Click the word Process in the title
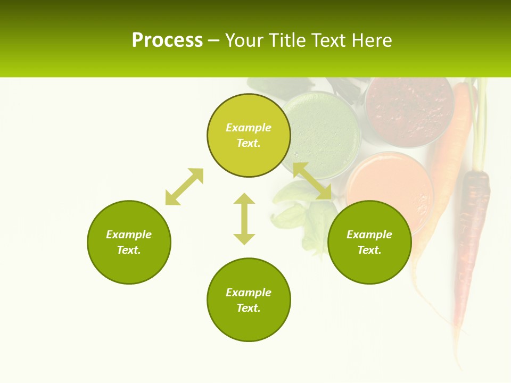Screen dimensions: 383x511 tap(167, 40)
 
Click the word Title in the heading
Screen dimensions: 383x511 tap(286, 40)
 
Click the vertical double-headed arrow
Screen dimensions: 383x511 tap(244, 219)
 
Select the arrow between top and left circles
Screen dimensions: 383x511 tap(184, 187)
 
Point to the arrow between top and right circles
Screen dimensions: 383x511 tap(312, 181)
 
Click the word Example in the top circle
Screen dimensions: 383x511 tap(249, 128)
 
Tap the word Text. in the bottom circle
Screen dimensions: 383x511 tap(249, 308)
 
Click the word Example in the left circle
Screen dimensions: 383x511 tap(129, 235)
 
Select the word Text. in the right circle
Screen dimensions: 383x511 tap(369, 250)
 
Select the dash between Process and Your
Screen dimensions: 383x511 tap(213, 41)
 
